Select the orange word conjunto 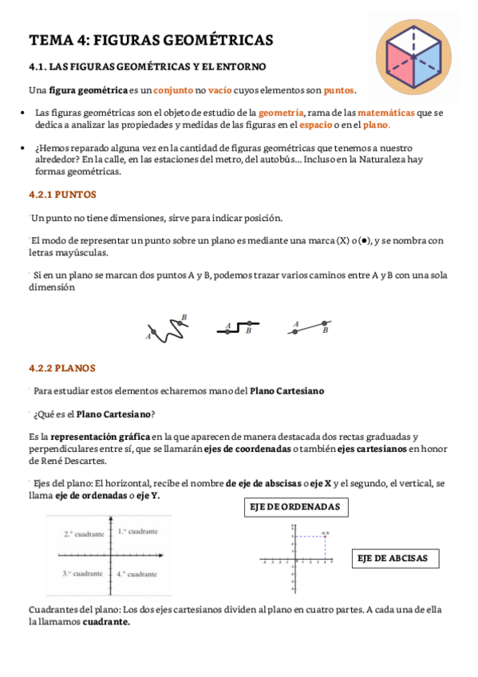[x=173, y=89]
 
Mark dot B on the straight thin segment [x=324, y=324]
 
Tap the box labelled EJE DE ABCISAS [x=395, y=558]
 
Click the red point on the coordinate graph [x=326, y=535]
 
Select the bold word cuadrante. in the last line [x=106, y=621]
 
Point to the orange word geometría [x=281, y=113]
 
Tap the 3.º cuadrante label [x=82, y=573]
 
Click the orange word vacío [x=220, y=89]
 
